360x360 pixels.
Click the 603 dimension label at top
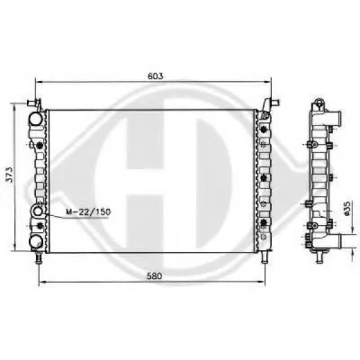pyautogui.click(x=156, y=76)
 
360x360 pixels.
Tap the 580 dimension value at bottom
pyautogui.click(x=154, y=276)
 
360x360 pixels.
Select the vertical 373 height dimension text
pyautogui.click(x=10, y=175)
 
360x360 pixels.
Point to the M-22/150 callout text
pyautogui.click(x=88, y=212)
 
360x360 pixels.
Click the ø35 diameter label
pyautogui.click(x=346, y=208)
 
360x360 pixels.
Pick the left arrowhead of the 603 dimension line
pyautogui.click(x=39, y=81)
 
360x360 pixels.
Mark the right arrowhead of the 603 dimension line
pyautogui.click(x=268, y=81)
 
